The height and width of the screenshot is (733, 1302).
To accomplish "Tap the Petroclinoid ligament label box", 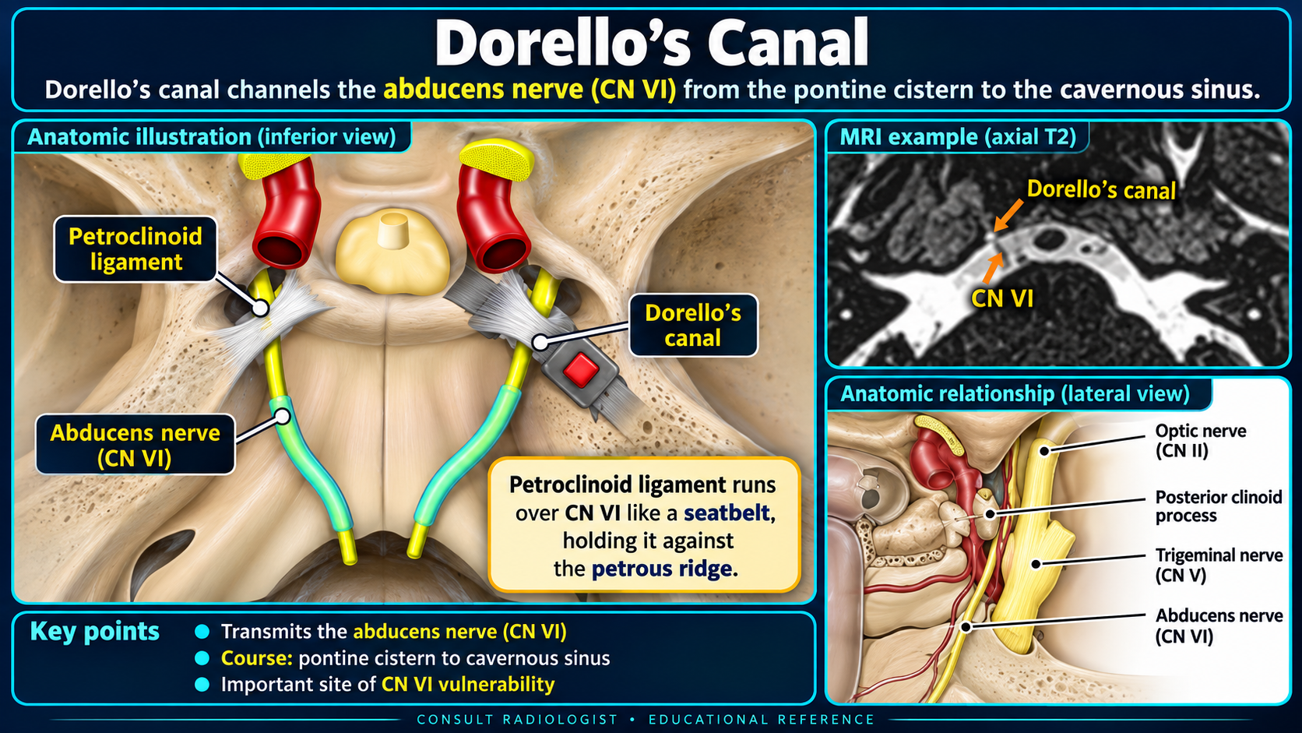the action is (135, 249).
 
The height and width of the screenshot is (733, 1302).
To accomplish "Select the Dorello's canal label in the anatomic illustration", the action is (693, 326).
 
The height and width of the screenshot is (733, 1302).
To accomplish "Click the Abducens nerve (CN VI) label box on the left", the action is (135, 445).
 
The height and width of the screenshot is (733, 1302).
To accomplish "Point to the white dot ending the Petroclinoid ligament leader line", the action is (260, 308).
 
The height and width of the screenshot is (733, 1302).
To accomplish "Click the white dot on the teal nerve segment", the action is (283, 416).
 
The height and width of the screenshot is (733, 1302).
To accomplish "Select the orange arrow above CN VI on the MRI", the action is (994, 269).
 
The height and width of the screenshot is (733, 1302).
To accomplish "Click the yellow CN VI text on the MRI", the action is (1002, 299).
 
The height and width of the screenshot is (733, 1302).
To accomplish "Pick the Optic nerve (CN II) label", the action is (1200, 441).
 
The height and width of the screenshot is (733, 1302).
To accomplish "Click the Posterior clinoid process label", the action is (1219, 506).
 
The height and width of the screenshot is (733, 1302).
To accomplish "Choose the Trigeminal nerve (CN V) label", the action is (1219, 565).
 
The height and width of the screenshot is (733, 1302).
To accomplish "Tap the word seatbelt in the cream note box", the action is (727, 513).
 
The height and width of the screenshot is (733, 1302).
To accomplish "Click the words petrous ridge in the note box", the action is (661, 569).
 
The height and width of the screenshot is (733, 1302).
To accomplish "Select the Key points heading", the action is (95, 631).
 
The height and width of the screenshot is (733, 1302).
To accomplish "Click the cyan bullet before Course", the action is (202, 658).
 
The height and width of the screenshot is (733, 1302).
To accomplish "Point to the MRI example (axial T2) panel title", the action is (958, 137).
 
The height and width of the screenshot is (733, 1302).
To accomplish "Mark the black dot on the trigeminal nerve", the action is (1036, 563).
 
